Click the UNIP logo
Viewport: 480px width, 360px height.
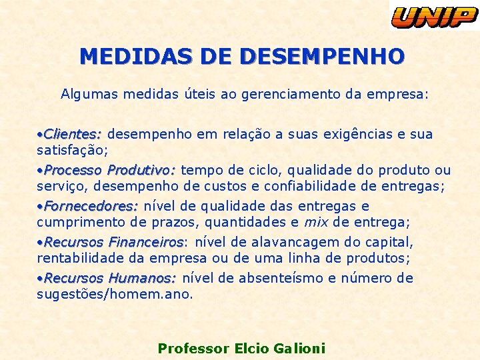point(434,15)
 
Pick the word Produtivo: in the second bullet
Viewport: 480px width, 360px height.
point(141,170)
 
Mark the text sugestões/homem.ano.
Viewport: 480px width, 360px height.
point(115,294)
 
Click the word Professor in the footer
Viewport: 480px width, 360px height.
point(193,348)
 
